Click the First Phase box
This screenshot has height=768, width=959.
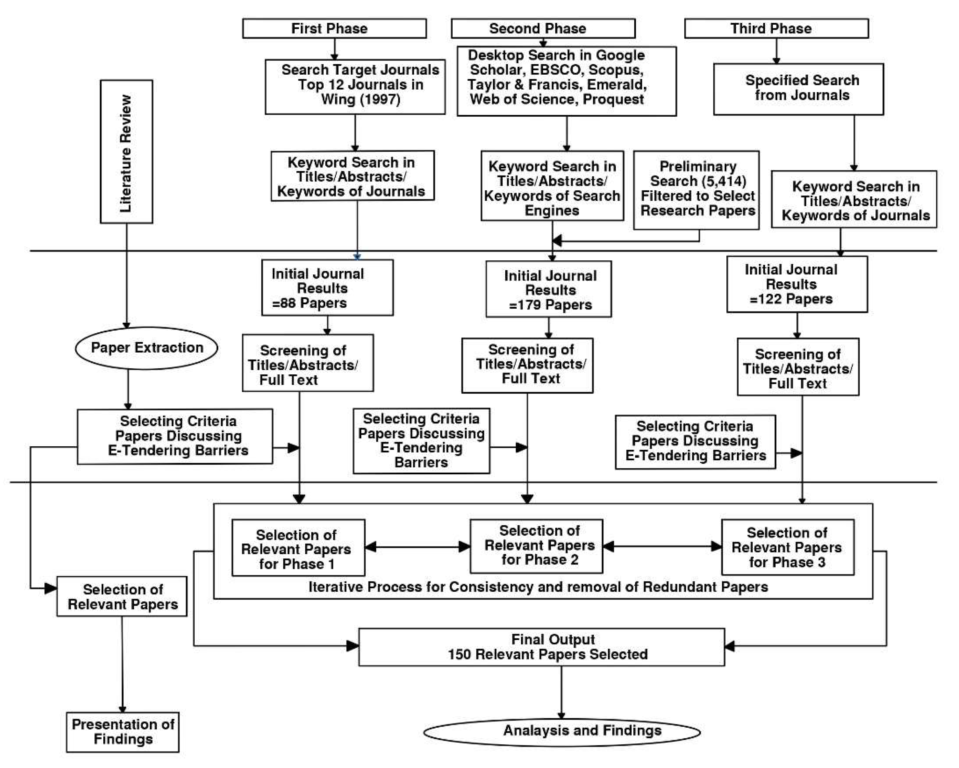pyautogui.click(x=334, y=28)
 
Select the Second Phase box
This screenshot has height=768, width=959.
pyautogui.click(x=543, y=28)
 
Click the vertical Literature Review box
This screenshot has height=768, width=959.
pyautogui.click(x=126, y=152)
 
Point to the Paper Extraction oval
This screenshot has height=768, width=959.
pyautogui.click(x=146, y=348)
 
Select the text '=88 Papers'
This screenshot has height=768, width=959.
pyautogui.click(x=310, y=303)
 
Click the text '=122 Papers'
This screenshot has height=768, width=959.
pyautogui.click(x=791, y=298)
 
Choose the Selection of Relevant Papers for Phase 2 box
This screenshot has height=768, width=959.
pyautogui.click(x=536, y=546)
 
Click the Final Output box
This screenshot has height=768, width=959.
pyautogui.click(x=541, y=647)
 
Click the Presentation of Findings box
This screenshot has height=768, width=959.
pyautogui.click(x=123, y=732)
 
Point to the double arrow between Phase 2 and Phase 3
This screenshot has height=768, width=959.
pyautogui.click(x=662, y=547)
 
